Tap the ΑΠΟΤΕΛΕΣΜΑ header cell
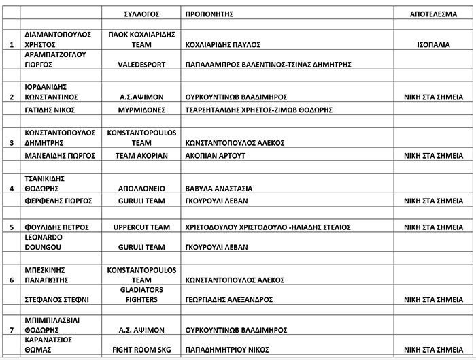tap(432, 13)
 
